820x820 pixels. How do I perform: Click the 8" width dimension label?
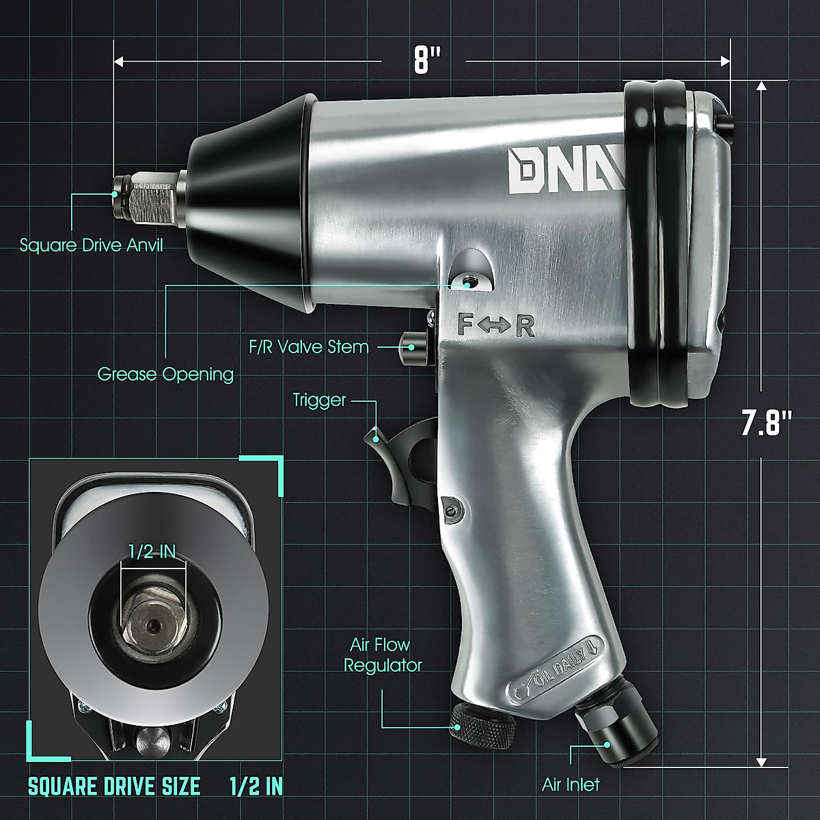tap(423, 61)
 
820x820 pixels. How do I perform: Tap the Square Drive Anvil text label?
tap(92, 245)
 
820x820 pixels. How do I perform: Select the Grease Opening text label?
tap(165, 374)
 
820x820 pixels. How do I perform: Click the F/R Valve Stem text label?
tap(308, 347)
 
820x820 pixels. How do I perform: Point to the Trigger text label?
tap(319, 400)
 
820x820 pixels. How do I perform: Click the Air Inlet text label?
tap(571, 784)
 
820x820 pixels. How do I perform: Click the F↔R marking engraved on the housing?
tap(495, 326)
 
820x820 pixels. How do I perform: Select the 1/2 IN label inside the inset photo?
tap(152, 552)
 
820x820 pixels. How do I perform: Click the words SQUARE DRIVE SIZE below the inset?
tap(114, 786)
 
